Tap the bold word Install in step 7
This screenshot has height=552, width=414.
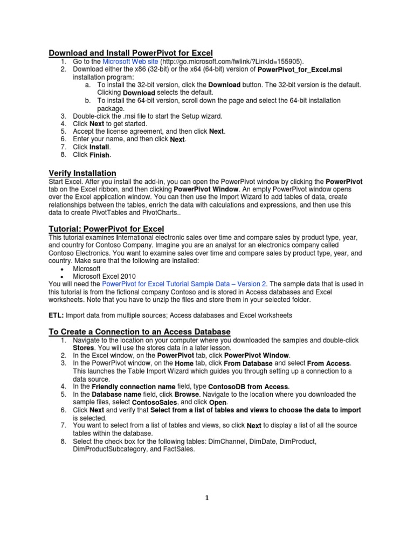[x=99, y=147]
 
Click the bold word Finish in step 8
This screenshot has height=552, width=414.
[x=100, y=155]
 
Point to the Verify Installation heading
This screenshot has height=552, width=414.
[x=82, y=173]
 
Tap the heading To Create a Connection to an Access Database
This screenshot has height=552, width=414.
[x=140, y=332]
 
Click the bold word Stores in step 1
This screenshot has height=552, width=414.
[x=84, y=348]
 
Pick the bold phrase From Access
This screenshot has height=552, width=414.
[x=328, y=364]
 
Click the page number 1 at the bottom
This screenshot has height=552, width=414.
[x=206, y=498]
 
